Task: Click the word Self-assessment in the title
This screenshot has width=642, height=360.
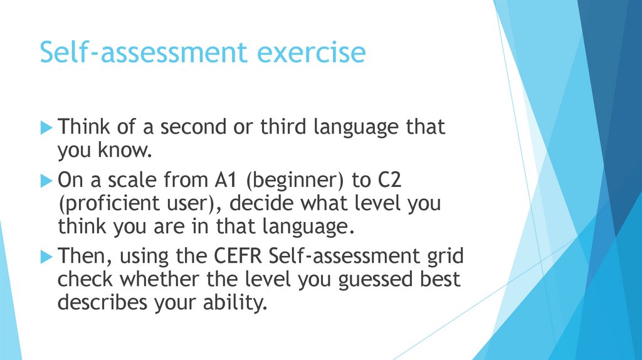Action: click(x=144, y=53)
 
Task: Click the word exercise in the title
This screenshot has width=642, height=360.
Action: click(x=312, y=53)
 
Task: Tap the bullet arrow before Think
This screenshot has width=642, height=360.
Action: click(x=47, y=128)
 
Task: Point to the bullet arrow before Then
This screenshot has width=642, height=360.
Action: click(x=47, y=256)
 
